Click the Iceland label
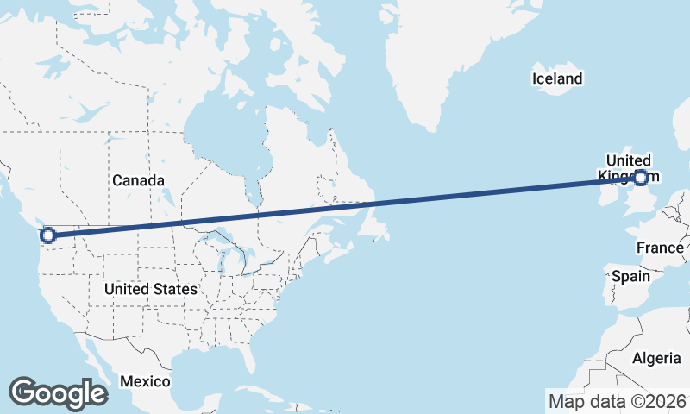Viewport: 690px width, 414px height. coord(556,79)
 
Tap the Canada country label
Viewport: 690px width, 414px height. coord(138,180)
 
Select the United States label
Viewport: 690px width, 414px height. coord(150,289)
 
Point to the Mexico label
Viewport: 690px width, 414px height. coord(145,381)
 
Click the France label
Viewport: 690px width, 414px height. coord(660,248)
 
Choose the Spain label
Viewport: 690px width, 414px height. coord(630,277)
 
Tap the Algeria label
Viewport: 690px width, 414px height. coord(656,358)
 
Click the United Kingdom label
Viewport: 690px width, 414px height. coord(628,168)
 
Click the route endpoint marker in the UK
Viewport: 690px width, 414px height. coord(640,178)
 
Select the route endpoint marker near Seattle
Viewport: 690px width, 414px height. coord(48,235)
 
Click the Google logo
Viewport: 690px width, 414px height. coord(59,393)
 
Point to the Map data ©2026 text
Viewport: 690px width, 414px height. coord(618,401)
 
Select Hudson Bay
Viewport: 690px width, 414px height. coord(216,129)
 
